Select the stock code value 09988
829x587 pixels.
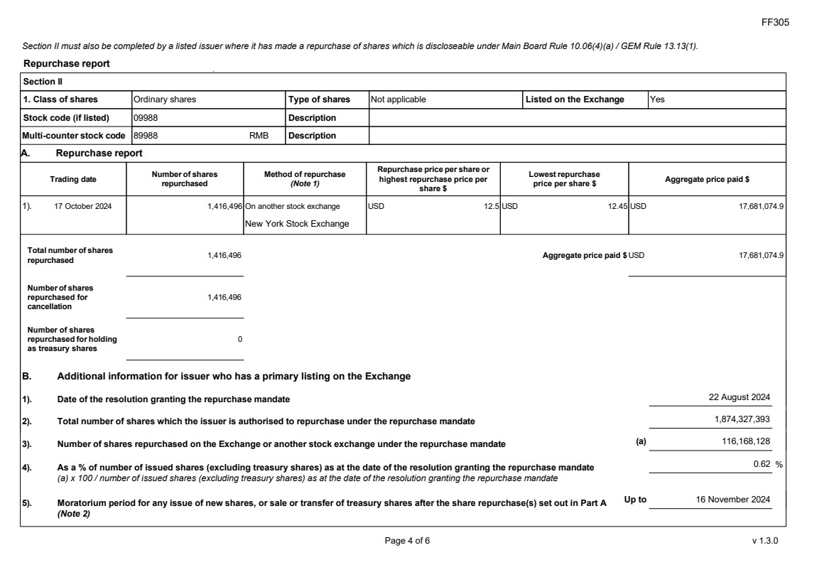coord(146,118)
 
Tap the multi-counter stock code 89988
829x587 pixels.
coord(146,136)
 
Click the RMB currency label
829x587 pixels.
coord(259,136)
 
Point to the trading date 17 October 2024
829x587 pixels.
coord(82,206)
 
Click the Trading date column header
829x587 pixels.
coord(73,179)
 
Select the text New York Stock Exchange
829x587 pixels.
coord(297,224)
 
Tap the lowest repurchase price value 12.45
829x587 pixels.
coord(617,206)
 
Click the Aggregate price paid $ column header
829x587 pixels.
coord(707,179)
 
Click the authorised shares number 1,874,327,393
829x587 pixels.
coord(742,419)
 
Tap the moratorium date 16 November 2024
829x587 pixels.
coord(732,500)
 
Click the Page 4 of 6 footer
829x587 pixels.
coord(407,541)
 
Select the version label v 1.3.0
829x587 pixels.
coord(765,541)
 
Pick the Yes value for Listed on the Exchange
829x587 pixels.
coord(657,99)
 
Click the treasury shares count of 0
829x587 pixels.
coord(240,339)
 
